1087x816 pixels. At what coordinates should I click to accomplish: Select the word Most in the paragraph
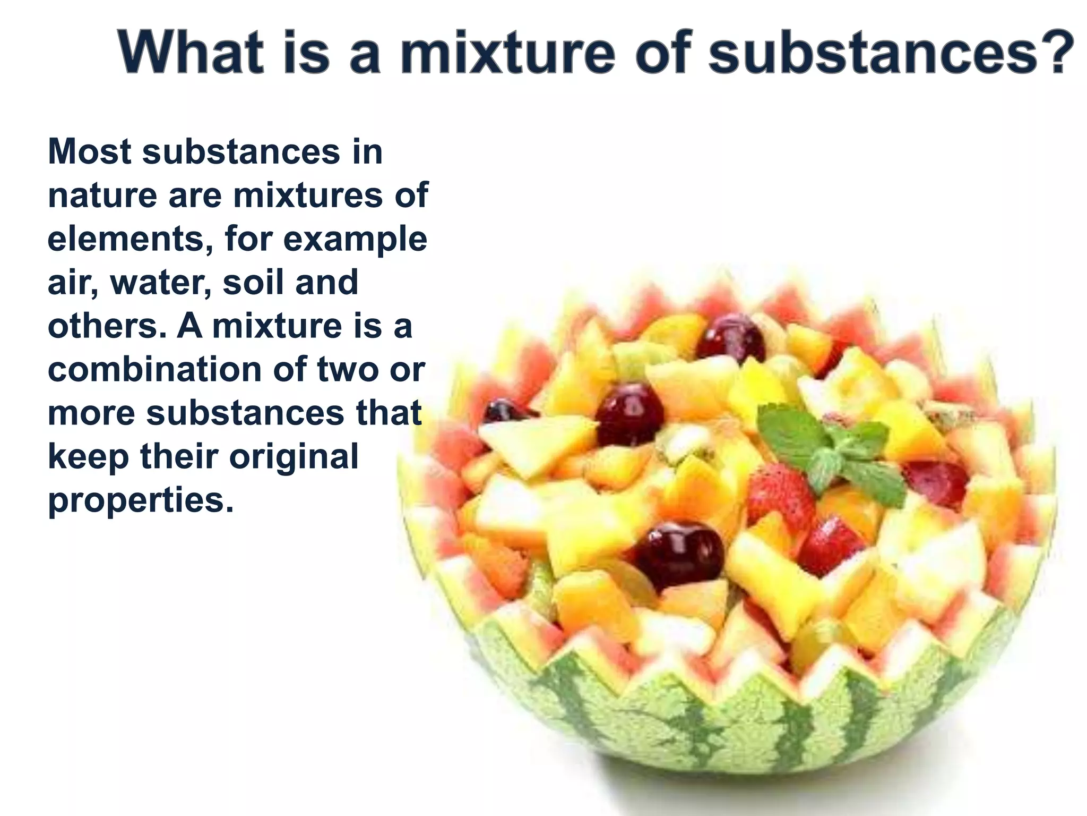click(90, 152)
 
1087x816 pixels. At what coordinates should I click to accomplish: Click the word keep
click(88, 457)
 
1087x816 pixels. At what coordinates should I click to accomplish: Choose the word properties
click(140, 501)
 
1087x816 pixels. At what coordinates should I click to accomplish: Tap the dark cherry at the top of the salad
click(731, 337)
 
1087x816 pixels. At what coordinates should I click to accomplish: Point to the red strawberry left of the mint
click(780, 497)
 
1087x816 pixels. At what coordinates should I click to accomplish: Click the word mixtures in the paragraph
click(309, 197)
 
